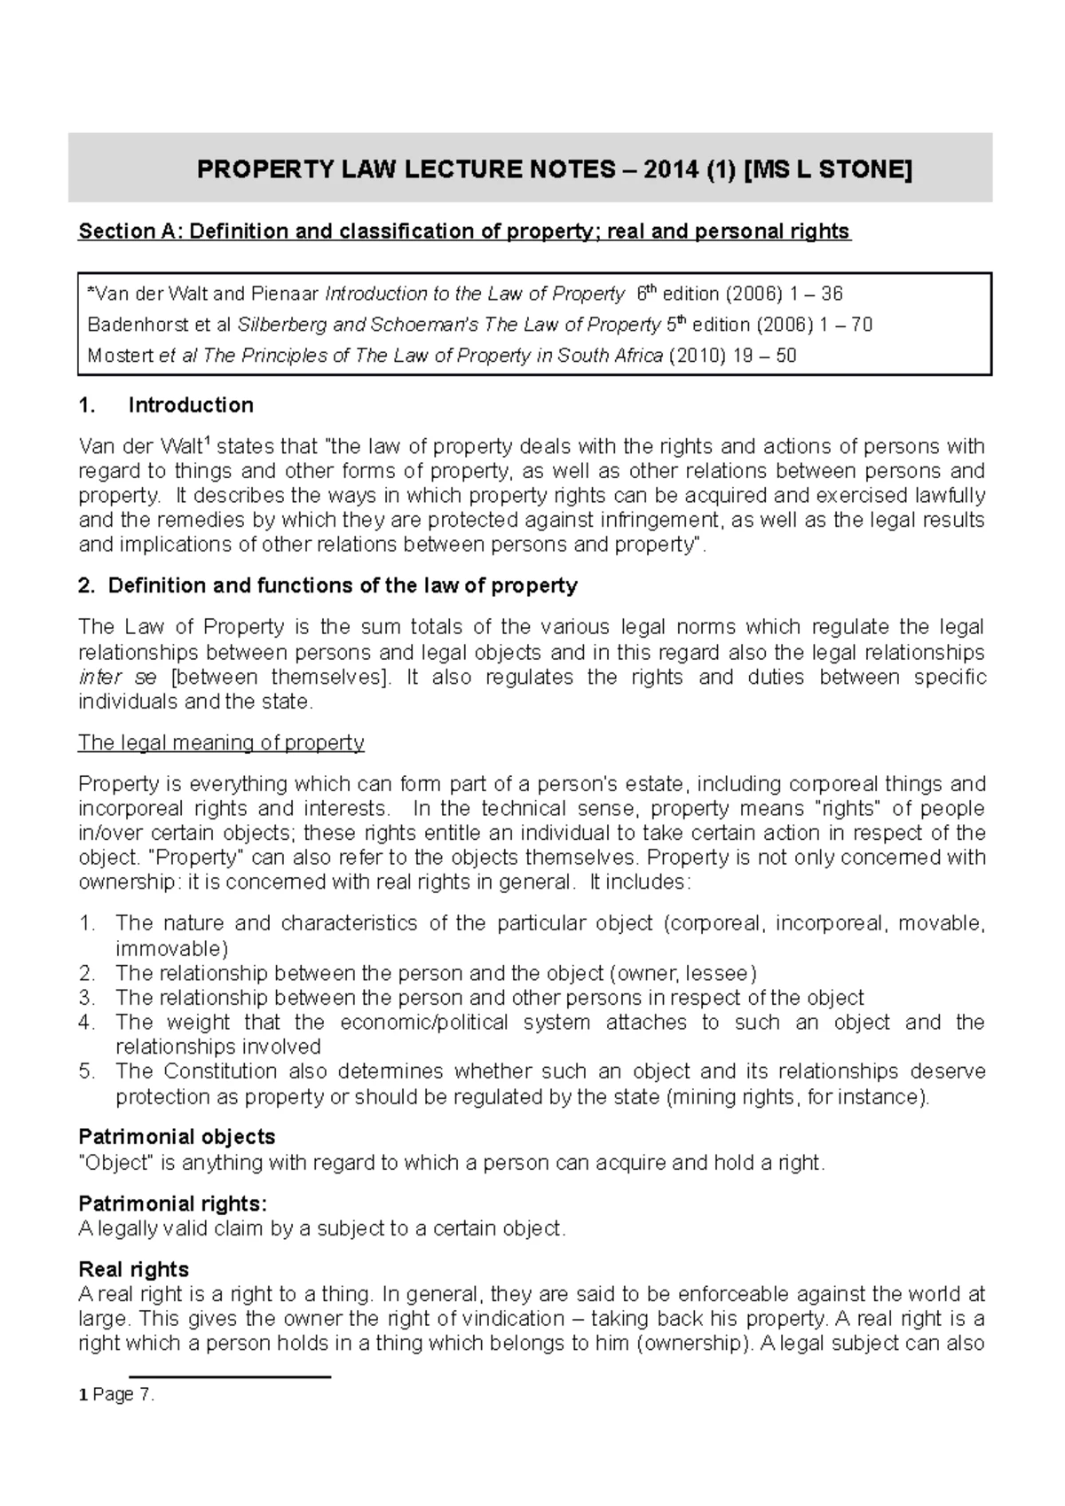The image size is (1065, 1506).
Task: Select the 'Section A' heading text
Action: [464, 232]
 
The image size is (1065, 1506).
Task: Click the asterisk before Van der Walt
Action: [91, 293]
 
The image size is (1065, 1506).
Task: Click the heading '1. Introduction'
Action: [166, 405]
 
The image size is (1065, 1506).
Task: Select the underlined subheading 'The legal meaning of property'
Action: [221, 742]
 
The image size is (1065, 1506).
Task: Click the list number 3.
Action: [86, 997]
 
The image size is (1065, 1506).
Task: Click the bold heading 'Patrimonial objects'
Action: [177, 1137]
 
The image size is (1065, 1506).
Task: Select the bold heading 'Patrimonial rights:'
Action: [172, 1204]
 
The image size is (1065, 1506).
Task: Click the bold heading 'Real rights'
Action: [133, 1270]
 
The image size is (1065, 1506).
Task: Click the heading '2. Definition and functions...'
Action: [327, 586]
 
